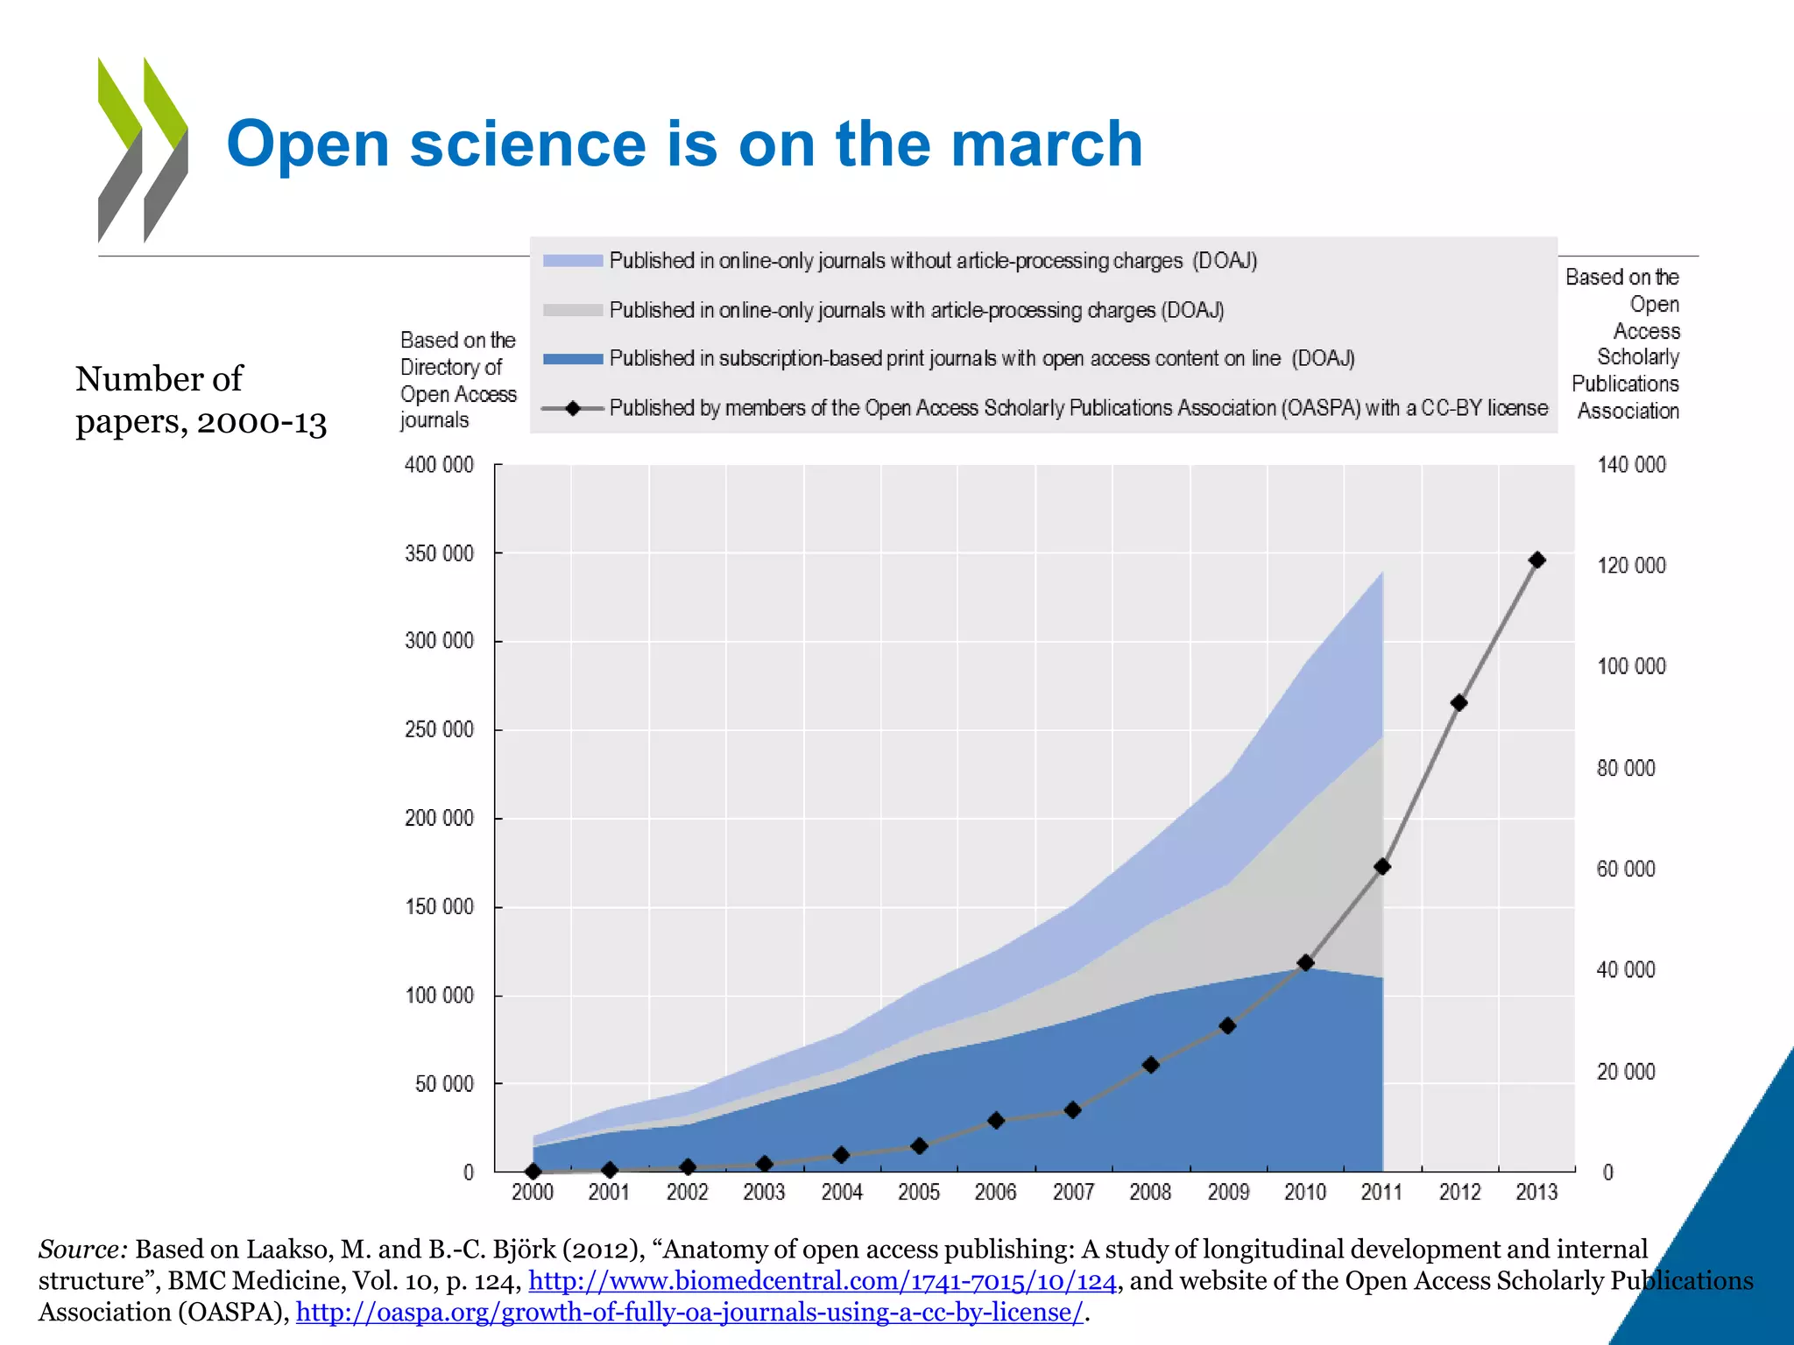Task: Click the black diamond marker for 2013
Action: pos(1536,560)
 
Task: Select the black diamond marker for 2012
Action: pos(1459,702)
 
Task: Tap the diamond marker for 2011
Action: pos(1382,867)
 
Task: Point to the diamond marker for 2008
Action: pos(1151,1065)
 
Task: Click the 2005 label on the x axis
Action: pos(918,1192)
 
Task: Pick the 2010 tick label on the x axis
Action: pos(1304,1192)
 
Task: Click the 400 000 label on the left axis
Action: pos(439,465)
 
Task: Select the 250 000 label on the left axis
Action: pos(439,729)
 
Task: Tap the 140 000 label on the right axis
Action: pos(1631,465)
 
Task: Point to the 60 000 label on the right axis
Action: pos(1626,869)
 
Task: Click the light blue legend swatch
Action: pos(573,261)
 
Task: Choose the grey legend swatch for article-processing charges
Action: pos(573,310)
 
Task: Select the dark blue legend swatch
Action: pos(573,359)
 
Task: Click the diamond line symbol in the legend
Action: pos(573,408)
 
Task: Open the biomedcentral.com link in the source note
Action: pos(822,1281)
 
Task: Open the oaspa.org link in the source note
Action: pos(689,1313)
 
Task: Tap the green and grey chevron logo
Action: pos(143,150)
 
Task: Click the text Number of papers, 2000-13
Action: pos(201,400)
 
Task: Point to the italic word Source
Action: pos(83,1250)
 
